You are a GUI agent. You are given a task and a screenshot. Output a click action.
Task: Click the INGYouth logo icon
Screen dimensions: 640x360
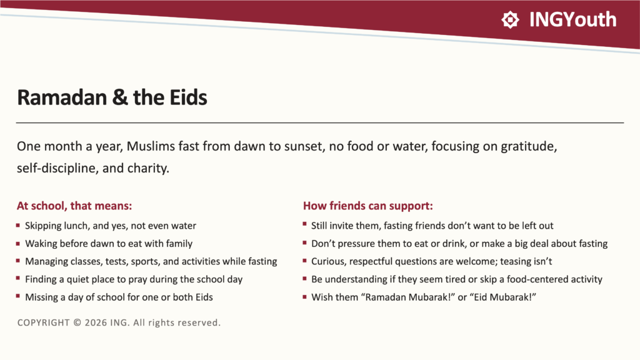pyautogui.click(x=510, y=19)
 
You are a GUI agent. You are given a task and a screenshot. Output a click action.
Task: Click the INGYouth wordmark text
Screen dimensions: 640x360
pyautogui.click(x=572, y=19)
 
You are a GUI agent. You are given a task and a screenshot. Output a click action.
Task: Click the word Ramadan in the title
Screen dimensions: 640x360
pyautogui.click(x=62, y=97)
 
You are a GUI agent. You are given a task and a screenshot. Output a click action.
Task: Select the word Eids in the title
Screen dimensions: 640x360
pyautogui.click(x=188, y=97)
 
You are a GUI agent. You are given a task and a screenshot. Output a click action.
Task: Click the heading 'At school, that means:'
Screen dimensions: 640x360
pyautogui.click(x=74, y=206)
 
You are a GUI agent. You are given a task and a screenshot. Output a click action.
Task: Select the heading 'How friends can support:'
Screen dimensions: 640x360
pyautogui.click(x=367, y=206)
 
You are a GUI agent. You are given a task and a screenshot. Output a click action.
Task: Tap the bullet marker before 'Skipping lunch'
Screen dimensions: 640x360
pyautogui.click(x=18, y=225)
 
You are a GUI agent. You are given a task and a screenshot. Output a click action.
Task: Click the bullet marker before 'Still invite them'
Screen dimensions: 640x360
pyautogui.click(x=305, y=224)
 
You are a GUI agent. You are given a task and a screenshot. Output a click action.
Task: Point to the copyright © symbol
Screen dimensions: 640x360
pyautogui.click(x=77, y=323)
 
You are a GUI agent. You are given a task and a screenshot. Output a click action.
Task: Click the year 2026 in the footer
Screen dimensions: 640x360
pyautogui.click(x=96, y=323)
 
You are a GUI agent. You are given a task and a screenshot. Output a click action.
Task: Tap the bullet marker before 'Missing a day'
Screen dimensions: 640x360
pyautogui.click(x=18, y=296)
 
